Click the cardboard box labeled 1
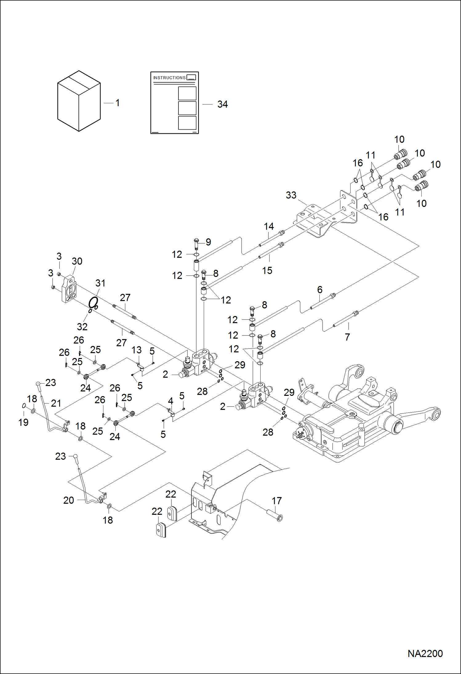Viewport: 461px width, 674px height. (79, 101)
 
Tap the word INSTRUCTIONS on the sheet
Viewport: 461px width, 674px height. (169, 78)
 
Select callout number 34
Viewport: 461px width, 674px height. (222, 104)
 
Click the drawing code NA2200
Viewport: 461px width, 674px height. (425, 653)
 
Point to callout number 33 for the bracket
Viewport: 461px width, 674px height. (291, 195)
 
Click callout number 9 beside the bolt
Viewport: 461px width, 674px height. (208, 242)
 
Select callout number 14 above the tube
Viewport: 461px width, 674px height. (269, 227)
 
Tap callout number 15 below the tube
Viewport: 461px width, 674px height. (267, 270)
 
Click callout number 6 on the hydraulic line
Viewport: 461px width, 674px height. (320, 290)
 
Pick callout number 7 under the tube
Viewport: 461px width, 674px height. (347, 337)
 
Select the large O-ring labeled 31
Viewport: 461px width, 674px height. (93, 302)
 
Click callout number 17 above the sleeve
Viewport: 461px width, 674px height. (276, 501)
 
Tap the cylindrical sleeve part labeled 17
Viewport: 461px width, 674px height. (275, 514)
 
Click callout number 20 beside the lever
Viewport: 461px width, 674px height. (69, 500)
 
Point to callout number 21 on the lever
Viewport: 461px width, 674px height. (56, 403)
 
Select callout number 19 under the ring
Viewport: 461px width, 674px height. (23, 422)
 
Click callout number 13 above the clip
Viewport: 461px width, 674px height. (136, 350)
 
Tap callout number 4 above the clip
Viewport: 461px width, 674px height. (170, 401)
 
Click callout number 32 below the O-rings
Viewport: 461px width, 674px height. (82, 326)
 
